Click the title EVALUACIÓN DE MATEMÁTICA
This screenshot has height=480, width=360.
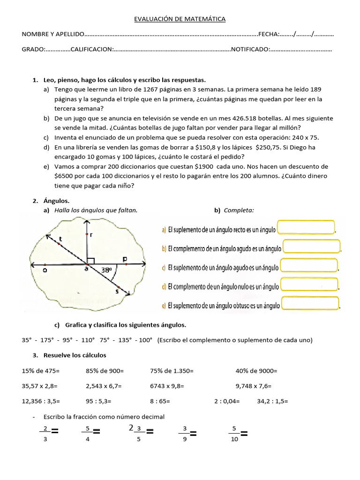180,19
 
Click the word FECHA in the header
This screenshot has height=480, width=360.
268,34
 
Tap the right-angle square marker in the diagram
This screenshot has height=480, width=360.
91,261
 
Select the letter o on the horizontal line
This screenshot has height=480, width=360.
45,270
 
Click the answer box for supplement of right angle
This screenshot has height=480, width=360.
306,227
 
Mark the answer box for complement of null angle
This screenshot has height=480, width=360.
309,285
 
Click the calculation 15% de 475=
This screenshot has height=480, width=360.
41,371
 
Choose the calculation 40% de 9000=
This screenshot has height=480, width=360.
256,371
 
